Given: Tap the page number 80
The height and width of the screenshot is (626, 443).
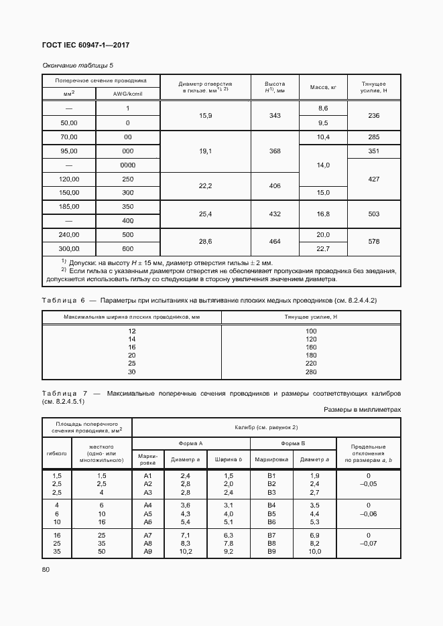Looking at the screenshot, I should (46, 569).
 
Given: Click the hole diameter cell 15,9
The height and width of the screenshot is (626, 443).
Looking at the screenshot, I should (206, 116).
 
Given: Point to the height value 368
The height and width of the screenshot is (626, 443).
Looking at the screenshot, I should (275, 151).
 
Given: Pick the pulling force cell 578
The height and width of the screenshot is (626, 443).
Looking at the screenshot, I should (374, 242).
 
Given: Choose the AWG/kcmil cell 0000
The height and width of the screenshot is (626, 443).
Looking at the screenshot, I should (127, 165).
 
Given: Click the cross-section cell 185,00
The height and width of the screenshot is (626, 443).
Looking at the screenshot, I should (69, 207).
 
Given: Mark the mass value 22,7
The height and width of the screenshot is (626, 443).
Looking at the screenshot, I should (323, 249).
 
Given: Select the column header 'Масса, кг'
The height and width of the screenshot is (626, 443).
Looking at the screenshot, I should (322, 88).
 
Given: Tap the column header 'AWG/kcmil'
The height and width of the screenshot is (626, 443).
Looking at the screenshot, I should (127, 94).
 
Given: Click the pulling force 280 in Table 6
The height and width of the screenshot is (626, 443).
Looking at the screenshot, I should (310, 372).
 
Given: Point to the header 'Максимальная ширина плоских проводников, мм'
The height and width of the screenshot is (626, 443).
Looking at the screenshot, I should (132, 317).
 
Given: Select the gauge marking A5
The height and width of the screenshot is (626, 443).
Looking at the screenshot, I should (148, 514).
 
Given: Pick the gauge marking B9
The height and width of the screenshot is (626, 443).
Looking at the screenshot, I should (271, 552).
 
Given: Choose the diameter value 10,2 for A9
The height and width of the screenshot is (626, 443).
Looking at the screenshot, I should (186, 552).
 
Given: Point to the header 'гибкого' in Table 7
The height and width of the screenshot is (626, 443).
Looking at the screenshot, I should (57, 453).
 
